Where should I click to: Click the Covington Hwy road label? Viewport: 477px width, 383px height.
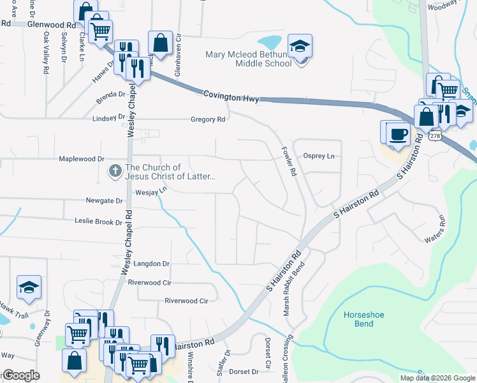(233, 95)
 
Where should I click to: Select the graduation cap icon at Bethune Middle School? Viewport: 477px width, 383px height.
(299, 46)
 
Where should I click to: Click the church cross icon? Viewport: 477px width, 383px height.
(115, 171)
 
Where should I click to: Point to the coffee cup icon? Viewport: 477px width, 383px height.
(399, 134)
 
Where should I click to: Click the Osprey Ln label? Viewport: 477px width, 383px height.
(319, 156)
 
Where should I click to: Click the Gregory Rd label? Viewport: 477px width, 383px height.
(208, 119)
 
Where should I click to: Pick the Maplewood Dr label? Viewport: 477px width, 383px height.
(81, 158)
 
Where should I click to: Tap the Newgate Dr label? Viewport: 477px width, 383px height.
(104, 200)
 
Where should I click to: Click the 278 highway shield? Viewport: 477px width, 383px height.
(435, 136)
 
